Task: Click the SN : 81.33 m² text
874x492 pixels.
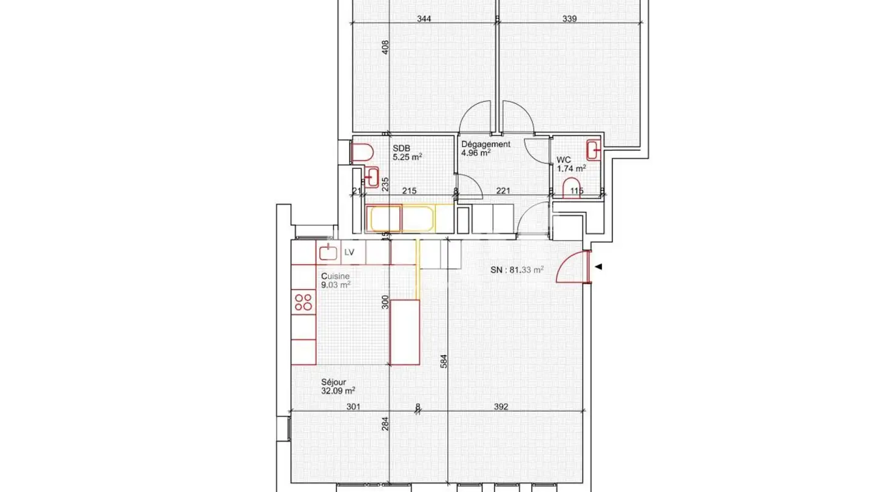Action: pyautogui.click(x=517, y=270)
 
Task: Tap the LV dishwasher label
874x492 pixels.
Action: pyautogui.click(x=349, y=252)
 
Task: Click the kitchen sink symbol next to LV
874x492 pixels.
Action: pyautogui.click(x=328, y=252)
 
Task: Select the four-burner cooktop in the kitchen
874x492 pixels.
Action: pyautogui.click(x=303, y=302)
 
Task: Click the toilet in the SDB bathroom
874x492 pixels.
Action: pyautogui.click(x=363, y=152)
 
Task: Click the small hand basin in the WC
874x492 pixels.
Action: pyautogui.click(x=593, y=149)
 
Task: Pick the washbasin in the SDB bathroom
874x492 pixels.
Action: pyautogui.click(x=371, y=177)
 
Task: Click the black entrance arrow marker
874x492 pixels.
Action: pyautogui.click(x=598, y=267)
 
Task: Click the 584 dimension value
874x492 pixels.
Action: pyautogui.click(x=443, y=361)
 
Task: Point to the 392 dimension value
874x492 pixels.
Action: pyautogui.click(x=501, y=407)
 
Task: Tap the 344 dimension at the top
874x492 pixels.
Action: pyautogui.click(x=424, y=19)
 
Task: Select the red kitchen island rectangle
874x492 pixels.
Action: pyautogui.click(x=405, y=332)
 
